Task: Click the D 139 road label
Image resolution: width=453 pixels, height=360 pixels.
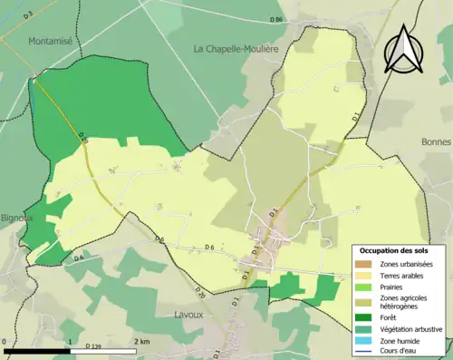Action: [x=93, y=346]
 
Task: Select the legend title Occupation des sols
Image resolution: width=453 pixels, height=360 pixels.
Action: [x=395, y=250]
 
